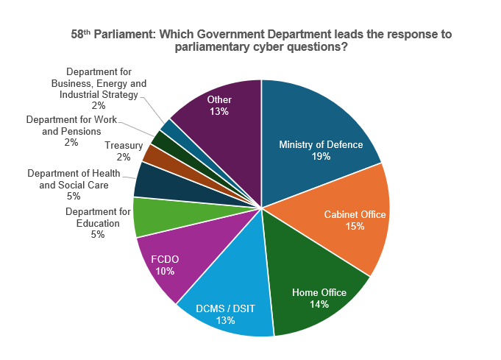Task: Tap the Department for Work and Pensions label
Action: (71, 130)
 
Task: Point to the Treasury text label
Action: (123, 146)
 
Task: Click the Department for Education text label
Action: (98, 217)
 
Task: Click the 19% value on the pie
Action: (321, 157)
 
